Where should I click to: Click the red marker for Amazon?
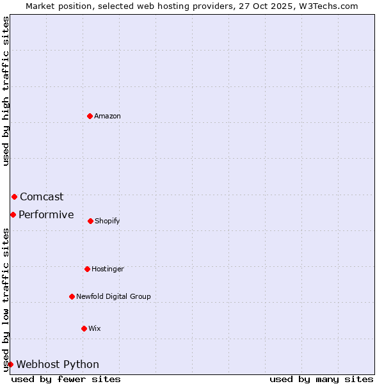(x=90, y=116)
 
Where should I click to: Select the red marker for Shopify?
(x=90, y=221)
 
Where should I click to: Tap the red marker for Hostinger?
(x=87, y=269)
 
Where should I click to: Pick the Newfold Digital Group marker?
(x=72, y=296)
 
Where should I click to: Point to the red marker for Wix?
(x=84, y=328)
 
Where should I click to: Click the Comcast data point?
(x=14, y=196)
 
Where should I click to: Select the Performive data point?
(x=13, y=214)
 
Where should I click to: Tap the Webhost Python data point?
(x=10, y=364)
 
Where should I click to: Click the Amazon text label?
(x=108, y=116)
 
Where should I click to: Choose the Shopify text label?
(x=108, y=221)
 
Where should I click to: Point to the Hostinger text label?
(x=108, y=269)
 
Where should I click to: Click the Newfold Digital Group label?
(x=113, y=296)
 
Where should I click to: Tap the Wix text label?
(x=95, y=328)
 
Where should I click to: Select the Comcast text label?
(x=42, y=196)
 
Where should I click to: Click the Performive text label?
(x=46, y=214)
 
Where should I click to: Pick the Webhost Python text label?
(x=58, y=364)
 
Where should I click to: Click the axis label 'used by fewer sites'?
(x=66, y=379)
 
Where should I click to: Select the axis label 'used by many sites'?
(x=321, y=379)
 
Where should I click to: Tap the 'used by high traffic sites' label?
(x=6, y=91)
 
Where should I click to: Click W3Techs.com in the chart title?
(x=325, y=6)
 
